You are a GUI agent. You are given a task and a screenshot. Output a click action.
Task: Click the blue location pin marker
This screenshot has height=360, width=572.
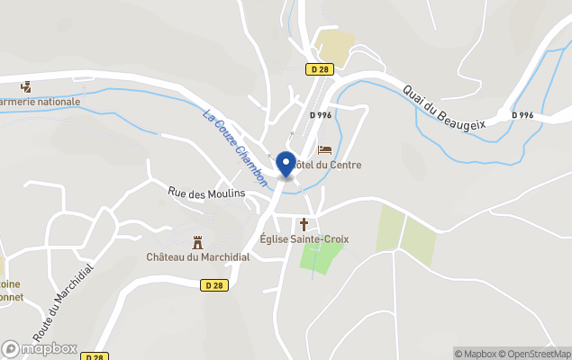(286, 164)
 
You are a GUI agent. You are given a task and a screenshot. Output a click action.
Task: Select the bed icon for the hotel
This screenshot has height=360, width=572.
(325, 149)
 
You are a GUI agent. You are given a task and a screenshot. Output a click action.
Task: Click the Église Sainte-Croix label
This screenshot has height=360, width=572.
(304, 238)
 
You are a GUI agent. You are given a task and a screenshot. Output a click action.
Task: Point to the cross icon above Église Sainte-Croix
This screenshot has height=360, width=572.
(304, 223)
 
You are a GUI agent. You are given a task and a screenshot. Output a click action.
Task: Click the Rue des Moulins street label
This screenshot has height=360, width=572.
(206, 193)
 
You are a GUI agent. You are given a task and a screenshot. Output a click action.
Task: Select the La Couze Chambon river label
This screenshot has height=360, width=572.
(235, 148)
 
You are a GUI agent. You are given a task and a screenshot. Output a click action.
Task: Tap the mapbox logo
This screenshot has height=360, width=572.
(39, 348)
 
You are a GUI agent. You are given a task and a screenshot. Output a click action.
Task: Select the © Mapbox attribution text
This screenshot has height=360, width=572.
(474, 354)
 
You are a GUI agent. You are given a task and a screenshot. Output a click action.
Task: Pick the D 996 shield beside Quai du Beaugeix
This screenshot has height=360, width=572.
(522, 115)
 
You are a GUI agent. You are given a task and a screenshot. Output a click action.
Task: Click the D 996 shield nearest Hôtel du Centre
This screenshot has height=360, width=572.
(321, 115)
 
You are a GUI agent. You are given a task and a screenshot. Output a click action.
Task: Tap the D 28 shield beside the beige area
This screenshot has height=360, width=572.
(319, 69)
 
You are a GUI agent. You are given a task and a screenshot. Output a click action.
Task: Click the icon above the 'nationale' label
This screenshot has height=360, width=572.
(26, 86)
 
